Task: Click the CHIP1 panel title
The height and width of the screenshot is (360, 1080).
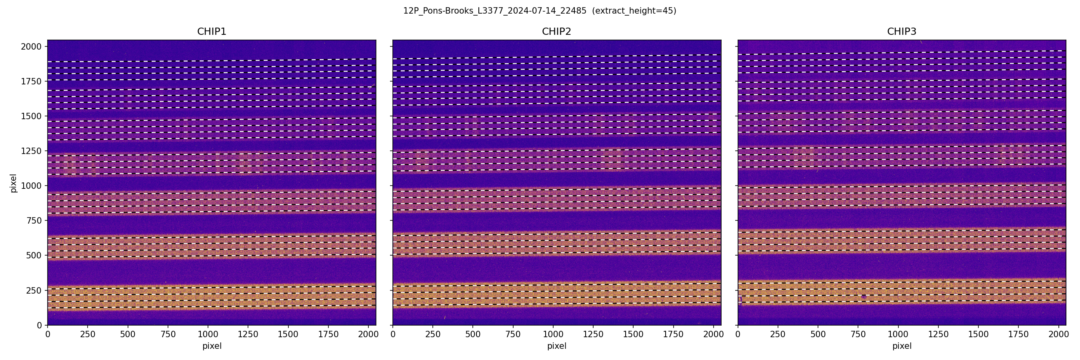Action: (212, 32)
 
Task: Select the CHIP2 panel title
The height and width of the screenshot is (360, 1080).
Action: (556, 32)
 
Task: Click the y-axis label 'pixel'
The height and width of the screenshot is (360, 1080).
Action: (14, 183)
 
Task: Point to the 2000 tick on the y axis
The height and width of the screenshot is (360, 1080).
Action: (31, 46)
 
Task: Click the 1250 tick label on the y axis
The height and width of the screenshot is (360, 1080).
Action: (31, 151)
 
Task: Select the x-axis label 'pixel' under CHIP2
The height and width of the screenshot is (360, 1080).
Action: (556, 346)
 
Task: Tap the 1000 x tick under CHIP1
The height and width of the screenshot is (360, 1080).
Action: (208, 334)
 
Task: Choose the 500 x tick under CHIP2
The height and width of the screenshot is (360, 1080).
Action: (472, 334)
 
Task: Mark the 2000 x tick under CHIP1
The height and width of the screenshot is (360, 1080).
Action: (368, 334)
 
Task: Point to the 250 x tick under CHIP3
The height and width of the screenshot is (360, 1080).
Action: (778, 334)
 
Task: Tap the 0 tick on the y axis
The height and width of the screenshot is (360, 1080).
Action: (40, 325)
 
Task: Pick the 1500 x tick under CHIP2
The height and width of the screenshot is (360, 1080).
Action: (633, 334)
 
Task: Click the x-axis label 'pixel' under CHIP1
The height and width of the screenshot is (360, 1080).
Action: (212, 346)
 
